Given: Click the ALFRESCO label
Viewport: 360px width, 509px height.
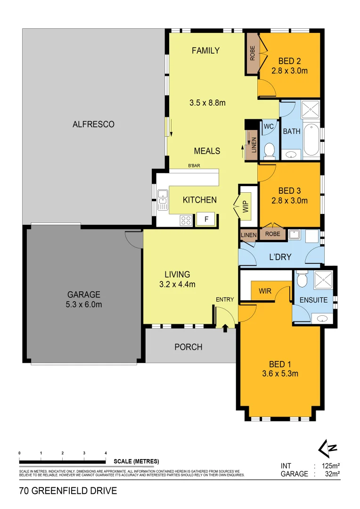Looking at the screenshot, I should (x=93, y=124).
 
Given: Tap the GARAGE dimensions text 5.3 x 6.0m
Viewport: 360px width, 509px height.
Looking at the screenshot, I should (x=84, y=304).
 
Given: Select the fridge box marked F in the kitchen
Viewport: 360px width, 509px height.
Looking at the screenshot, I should (x=205, y=219).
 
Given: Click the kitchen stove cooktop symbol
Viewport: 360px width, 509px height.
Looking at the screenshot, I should (x=186, y=220).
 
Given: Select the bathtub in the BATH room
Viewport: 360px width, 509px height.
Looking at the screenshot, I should (x=311, y=140).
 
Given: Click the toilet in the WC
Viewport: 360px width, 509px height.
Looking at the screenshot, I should (x=270, y=150).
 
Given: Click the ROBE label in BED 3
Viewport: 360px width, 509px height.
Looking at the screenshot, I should (x=272, y=234).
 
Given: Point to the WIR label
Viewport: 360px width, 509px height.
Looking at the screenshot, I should (x=265, y=291).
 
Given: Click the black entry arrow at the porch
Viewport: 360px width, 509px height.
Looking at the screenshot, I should (x=225, y=328).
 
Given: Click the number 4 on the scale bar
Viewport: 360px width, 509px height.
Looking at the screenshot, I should (x=106, y=453).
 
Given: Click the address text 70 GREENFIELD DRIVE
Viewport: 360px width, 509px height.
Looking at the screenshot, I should (x=68, y=491).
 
